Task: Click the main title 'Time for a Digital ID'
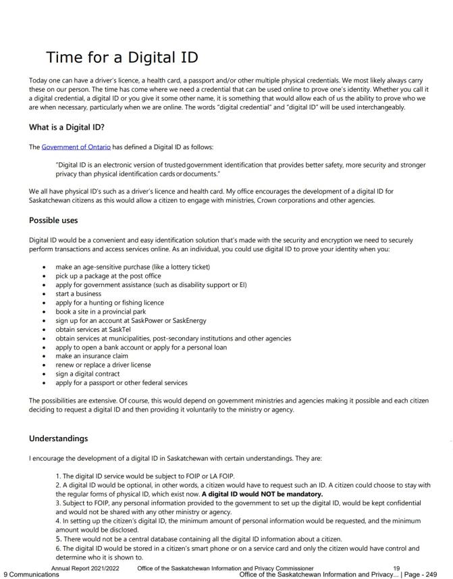[122, 57]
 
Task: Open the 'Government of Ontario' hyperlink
[76, 147]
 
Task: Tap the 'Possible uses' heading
[53, 220]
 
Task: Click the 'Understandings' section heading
[58, 438]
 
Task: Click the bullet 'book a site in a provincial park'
[101, 311]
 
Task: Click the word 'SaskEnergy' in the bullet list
[189, 320]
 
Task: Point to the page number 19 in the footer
[396, 568]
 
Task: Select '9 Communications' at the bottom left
[31, 574]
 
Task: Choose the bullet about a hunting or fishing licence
[109, 303]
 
